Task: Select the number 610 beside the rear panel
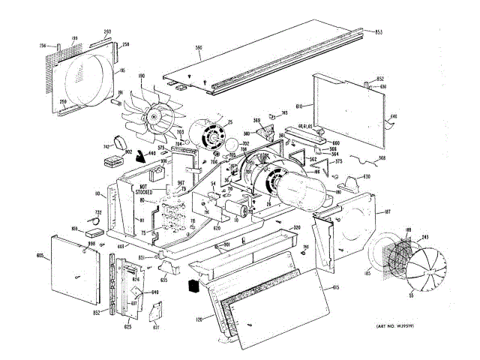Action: point(298,107)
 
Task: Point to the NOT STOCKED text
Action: point(145,190)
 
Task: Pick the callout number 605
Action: point(39,256)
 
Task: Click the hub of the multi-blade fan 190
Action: point(155,117)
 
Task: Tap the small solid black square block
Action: point(193,286)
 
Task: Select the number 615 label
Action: point(336,288)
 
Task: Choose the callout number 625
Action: point(127,327)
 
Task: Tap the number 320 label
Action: point(297,227)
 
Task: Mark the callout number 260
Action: point(107,32)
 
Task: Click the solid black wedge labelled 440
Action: point(139,157)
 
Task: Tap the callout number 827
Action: point(156,327)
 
